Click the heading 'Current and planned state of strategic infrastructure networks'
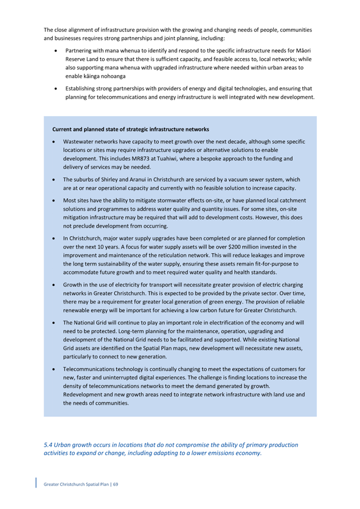click(131, 130)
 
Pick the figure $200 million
click(244, 247)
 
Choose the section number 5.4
click(48, 445)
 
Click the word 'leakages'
click(266, 255)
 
